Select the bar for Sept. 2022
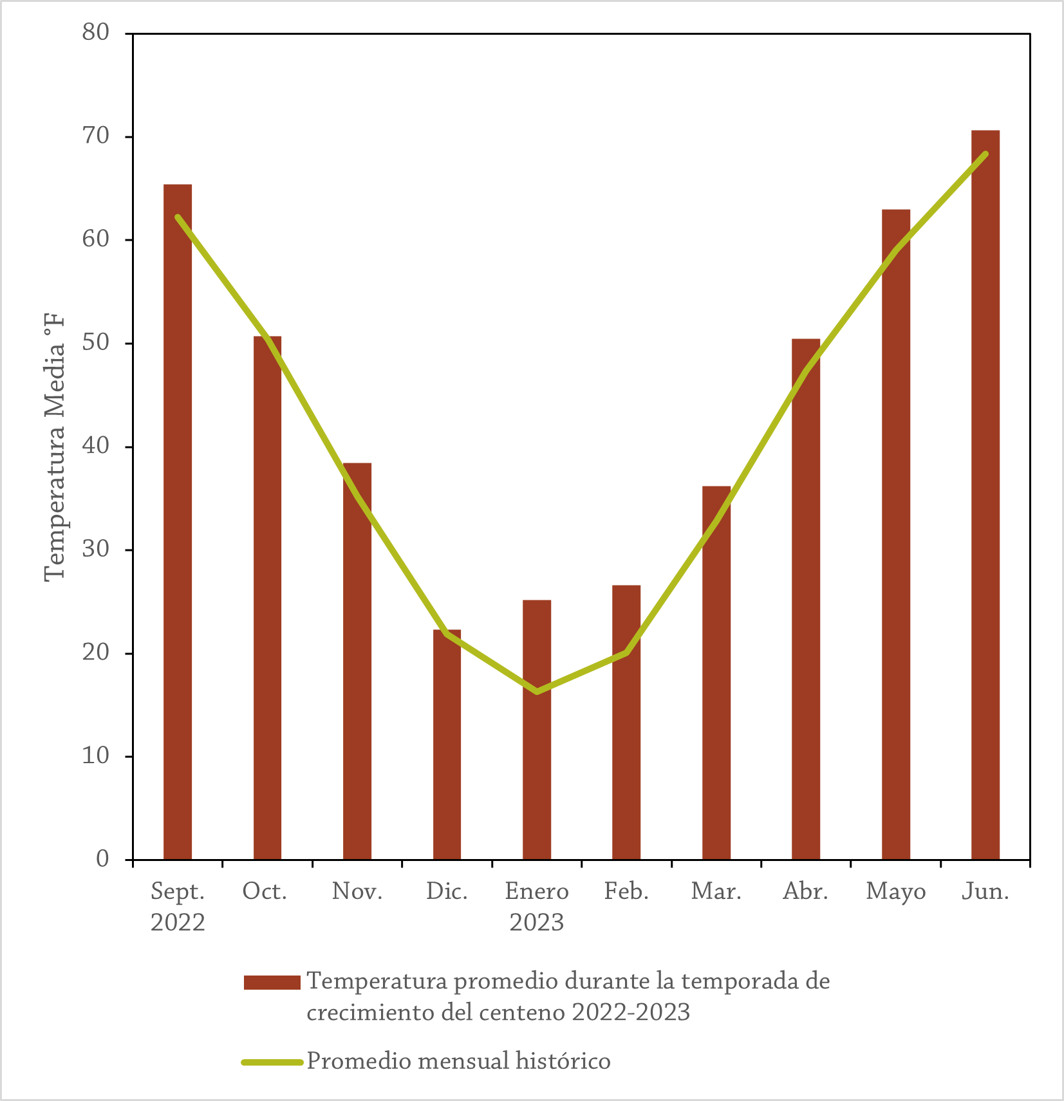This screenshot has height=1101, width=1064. [178, 521]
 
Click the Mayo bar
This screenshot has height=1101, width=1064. [896, 534]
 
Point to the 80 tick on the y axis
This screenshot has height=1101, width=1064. [95, 32]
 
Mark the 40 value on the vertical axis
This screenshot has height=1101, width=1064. [95, 446]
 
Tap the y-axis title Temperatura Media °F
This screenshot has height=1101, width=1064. [55, 447]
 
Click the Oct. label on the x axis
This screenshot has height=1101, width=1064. [265, 891]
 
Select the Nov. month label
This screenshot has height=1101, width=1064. [357, 891]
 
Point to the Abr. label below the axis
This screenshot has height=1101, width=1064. [805, 891]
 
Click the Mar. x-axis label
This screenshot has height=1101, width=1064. [716, 891]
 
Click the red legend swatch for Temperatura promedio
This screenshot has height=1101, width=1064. [272, 982]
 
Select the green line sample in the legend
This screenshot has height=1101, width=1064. [272, 1062]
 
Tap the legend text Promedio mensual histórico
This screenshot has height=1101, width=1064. [458, 1060]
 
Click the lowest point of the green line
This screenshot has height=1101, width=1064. [537, 692]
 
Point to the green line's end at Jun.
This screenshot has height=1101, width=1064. [985, 154]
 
